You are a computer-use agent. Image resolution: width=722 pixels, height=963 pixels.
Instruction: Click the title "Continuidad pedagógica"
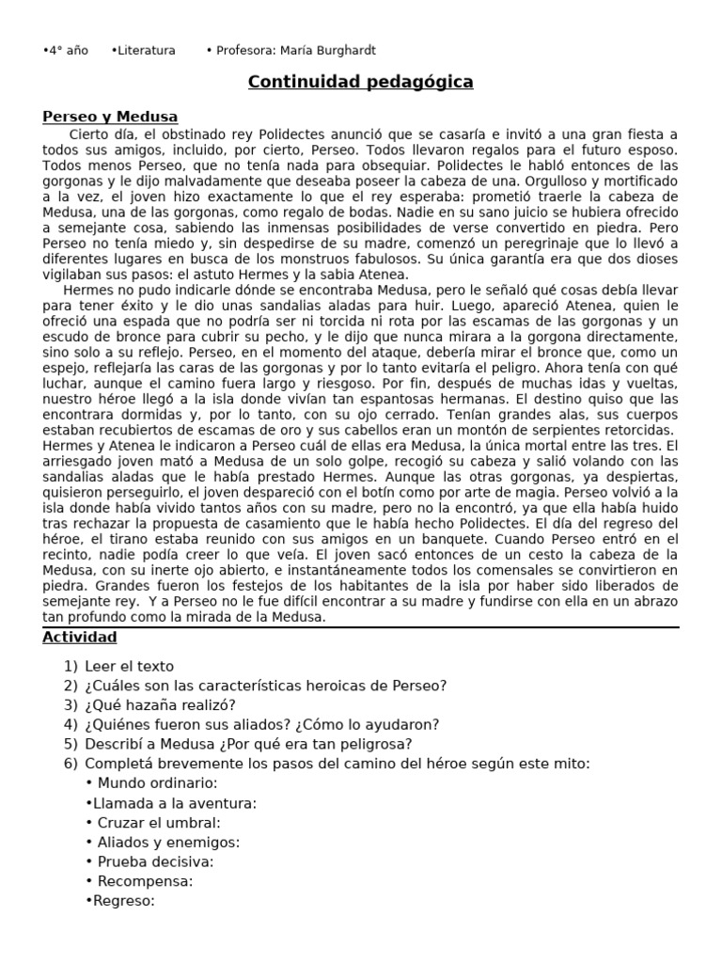360,83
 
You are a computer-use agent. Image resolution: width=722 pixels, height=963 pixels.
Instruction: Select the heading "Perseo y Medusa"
110,118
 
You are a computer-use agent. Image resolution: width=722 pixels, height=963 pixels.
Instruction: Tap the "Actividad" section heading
80,638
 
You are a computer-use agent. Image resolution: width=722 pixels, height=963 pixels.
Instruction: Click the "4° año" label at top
67,51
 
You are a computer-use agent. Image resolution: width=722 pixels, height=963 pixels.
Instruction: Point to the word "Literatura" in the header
144,51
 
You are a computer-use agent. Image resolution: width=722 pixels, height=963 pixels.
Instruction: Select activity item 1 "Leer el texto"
129,667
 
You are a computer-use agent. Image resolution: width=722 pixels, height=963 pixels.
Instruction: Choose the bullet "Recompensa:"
145,881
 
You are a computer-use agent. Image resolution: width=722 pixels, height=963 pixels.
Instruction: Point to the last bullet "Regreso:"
122,901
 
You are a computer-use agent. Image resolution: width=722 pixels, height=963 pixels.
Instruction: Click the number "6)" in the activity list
71,764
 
